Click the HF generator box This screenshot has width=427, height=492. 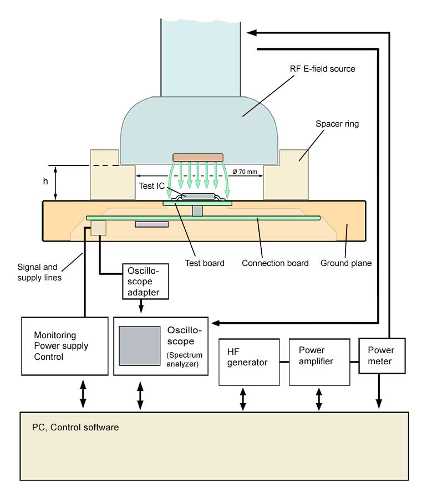tap(249, 361)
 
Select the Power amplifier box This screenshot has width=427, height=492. tap(319, 361)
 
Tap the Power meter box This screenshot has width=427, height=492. tap(382, 355)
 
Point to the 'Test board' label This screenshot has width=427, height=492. tap(205, 263)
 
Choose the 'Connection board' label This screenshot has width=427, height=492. tap(275, 263)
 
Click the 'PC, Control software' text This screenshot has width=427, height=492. tap(75, 428)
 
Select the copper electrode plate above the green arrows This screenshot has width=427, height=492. tap(198, 158)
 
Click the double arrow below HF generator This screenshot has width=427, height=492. tap(243, 399)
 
